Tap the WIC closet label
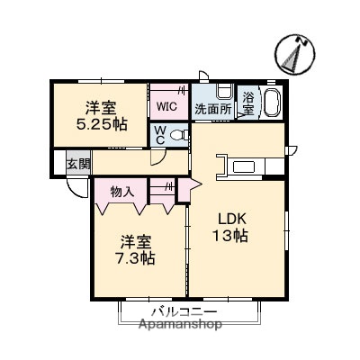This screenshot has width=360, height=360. click(x=166, y=107)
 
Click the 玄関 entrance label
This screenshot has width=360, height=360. click(x=78, y=164)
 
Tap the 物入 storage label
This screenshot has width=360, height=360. click(x=121, y=191)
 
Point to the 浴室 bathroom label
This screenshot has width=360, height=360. click(x=248, y=102)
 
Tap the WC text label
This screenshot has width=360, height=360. click(x=158, y=135)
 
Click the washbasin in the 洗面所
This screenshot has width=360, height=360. click(x=224, y=94)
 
